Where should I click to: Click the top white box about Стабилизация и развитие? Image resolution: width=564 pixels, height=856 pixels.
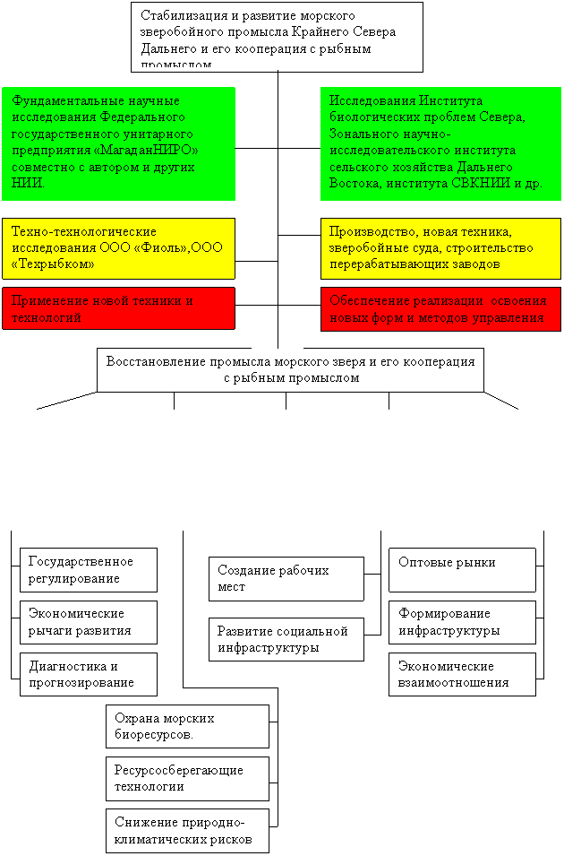click(x=277, y=36)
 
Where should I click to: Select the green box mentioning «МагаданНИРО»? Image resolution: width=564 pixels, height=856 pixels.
click(x=119, y=143)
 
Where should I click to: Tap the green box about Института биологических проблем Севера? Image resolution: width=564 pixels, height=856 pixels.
click(x=440, y=143)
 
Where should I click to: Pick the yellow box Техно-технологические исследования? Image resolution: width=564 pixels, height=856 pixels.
click(x=118, y=247)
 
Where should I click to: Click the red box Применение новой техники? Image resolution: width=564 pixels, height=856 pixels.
click(x=118, y=308)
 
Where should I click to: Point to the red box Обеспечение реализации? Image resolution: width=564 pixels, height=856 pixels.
click(x=440, y=308)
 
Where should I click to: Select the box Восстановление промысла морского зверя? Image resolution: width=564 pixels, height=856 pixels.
click(x=290, y=369)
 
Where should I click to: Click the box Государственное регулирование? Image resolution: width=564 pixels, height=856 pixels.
click(x=89, y=570)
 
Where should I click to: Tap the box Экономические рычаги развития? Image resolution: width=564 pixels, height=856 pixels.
click(x=89, y=622)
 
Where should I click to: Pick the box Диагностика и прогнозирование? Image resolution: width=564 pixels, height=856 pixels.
click(x=89, y=674)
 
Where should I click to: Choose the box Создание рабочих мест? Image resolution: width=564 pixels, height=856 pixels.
click(x=286, y=578)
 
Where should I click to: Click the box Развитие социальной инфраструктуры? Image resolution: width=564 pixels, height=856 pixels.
click(x=286, y=639)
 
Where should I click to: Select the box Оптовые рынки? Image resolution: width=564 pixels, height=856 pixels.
click(x=462, y=570)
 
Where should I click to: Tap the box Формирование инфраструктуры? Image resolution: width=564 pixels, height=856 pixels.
click(x=462, y=622)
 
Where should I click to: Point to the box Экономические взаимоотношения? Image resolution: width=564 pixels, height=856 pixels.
click(x=462, y=674)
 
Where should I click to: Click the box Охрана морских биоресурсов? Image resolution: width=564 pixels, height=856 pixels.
click(x=187, y=726)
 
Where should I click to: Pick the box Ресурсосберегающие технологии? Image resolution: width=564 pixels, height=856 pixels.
click(x=187, y=778)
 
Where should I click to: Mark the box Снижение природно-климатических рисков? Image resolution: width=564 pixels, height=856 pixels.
click(x=187, y=831)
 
